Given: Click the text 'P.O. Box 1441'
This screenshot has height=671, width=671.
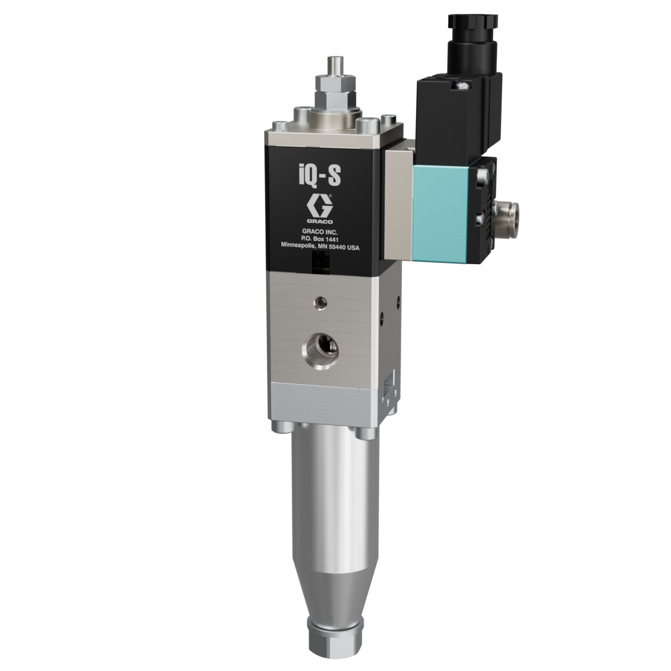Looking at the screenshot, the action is [x=320, y=239].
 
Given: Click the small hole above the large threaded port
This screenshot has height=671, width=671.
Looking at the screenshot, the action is [x=321, y=303].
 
